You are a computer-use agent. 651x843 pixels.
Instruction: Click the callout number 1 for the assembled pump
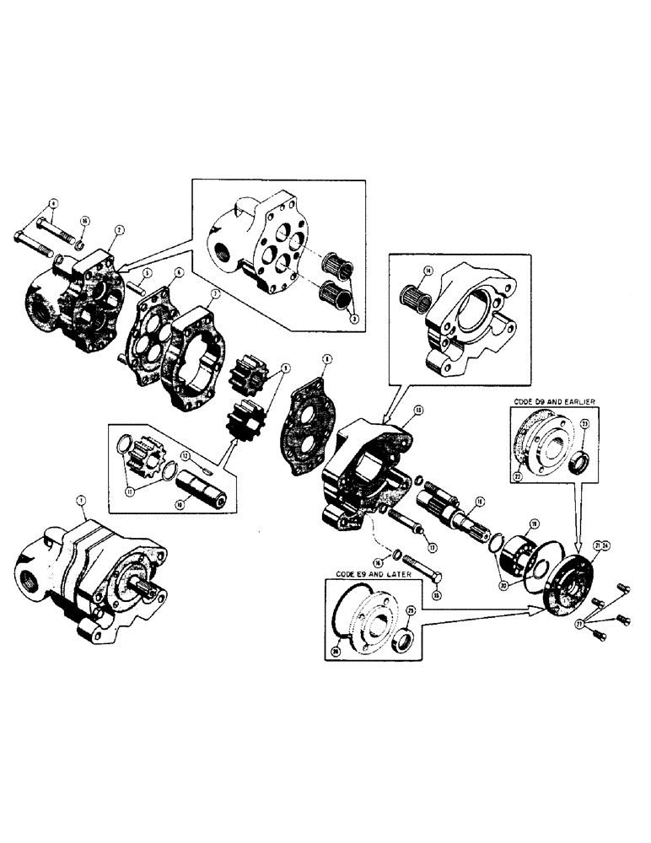coord(81,501)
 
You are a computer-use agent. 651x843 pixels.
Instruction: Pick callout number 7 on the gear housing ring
coord(216,293)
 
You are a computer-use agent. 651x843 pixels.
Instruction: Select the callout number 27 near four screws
coord(580,625)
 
